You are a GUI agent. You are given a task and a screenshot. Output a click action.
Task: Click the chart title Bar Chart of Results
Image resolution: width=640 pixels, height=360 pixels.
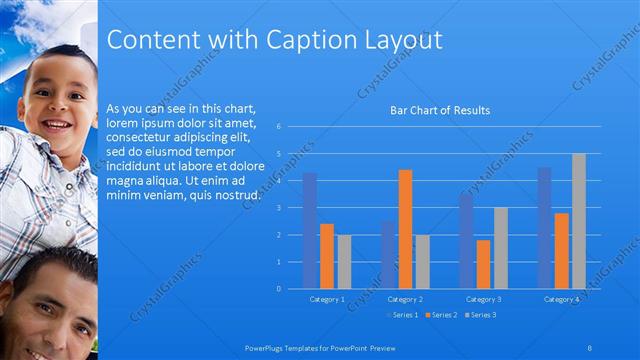pyautogui.click(x=439, y=110)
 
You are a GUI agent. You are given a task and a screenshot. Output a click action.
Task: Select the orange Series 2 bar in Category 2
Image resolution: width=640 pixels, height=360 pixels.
pyautogui.click(x=405, y=229)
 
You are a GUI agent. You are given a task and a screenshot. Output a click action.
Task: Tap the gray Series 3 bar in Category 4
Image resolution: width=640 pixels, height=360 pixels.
pyautogui.click(x=578, y=221)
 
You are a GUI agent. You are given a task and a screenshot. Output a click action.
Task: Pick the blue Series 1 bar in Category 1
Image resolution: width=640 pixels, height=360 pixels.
pyautogui.click(x=310, y=230)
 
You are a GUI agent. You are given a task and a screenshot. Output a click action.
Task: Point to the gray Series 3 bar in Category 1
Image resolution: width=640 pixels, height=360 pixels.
pyautogui.click(x=344, y=261)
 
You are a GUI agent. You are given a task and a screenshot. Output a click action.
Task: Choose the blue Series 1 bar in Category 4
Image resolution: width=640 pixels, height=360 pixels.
pyautogui.click(x=544, y=228)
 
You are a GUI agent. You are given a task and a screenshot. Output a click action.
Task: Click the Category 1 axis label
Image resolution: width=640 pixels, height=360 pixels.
pyautogui.click(x=327, y=299)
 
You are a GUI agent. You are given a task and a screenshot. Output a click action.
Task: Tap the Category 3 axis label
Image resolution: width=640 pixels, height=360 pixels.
pyautogui.click(x=483, y=299)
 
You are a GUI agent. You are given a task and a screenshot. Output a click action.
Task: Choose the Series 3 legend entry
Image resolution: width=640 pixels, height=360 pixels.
pyautogui.click(x=482, y=315)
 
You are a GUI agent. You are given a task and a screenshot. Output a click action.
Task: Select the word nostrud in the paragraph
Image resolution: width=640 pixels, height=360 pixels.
pyautogui.click(x=238, y=194)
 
